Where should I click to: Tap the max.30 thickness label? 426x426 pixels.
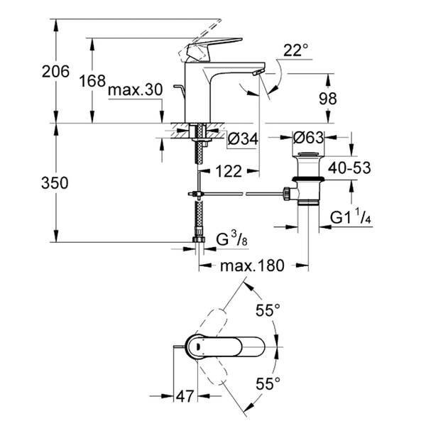[x=136, y=90]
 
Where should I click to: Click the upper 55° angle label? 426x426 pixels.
[x=268, y=310]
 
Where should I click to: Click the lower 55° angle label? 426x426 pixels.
[x=268, y=383]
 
